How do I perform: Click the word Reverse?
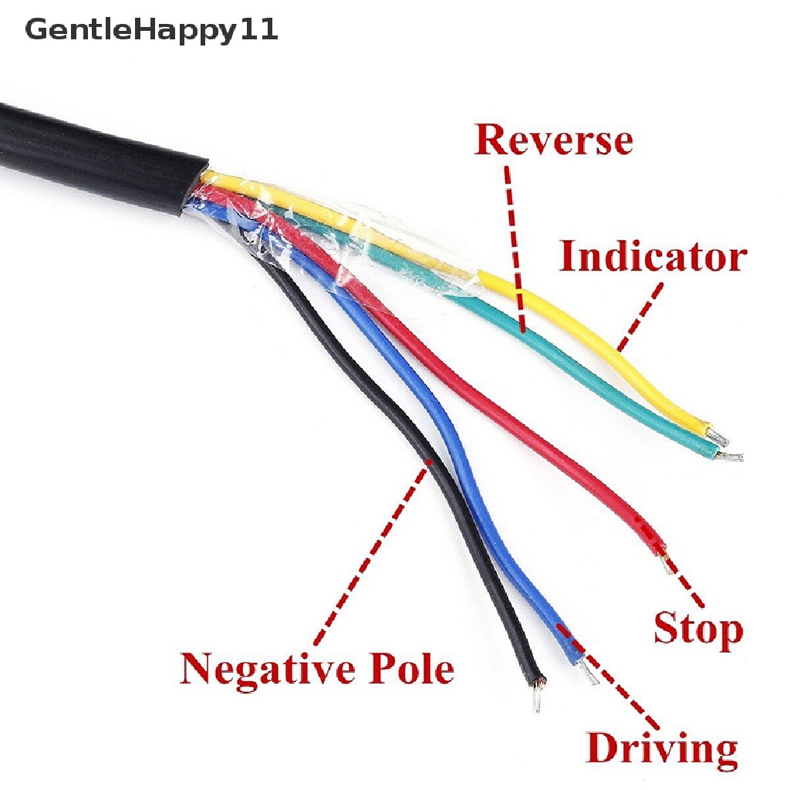[x=553, y=140]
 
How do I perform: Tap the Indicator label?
[x=653, y=257]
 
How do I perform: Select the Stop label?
[x=697, y=628]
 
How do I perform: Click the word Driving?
[x=661, y=748]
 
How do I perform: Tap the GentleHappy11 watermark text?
[x=151, y=32]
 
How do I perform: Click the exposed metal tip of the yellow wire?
[x=719, y=437]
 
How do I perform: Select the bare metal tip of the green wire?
[x=730, y=457]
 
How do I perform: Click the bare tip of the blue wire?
[x=588, y=677]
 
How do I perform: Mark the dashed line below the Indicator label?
[x=640, y=316]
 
